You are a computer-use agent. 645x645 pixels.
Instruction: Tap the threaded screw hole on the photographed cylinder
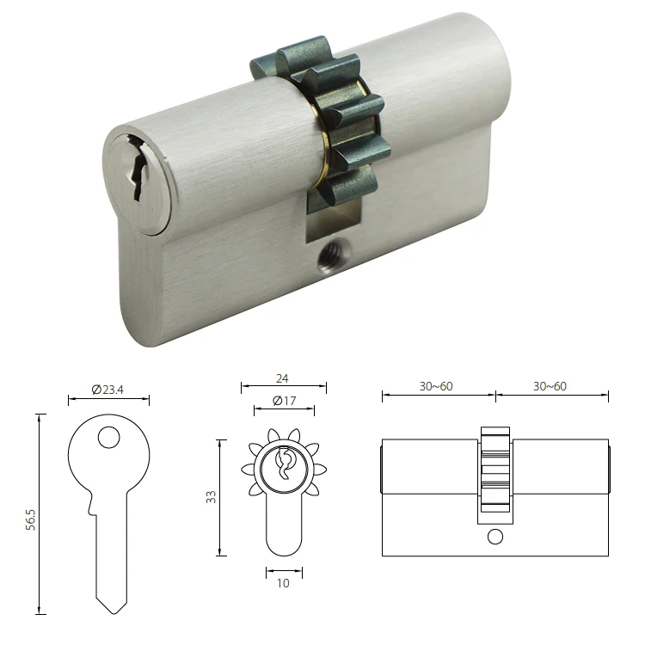(328, 255)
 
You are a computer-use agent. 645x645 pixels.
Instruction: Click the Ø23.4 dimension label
(109, 389)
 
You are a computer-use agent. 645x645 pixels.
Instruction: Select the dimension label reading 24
(283, 376)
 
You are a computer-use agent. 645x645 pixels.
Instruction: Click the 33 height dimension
(211, 497)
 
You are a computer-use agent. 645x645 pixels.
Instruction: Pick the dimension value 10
(283, 582)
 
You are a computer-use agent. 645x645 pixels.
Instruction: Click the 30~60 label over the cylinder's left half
(436, 386)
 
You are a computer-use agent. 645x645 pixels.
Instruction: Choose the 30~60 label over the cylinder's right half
(550, 386)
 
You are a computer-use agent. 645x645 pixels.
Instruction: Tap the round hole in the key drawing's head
(109, 438)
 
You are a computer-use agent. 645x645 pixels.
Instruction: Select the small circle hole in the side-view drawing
(494, 537)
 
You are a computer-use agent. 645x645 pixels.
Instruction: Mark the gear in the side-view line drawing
(494, 473)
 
